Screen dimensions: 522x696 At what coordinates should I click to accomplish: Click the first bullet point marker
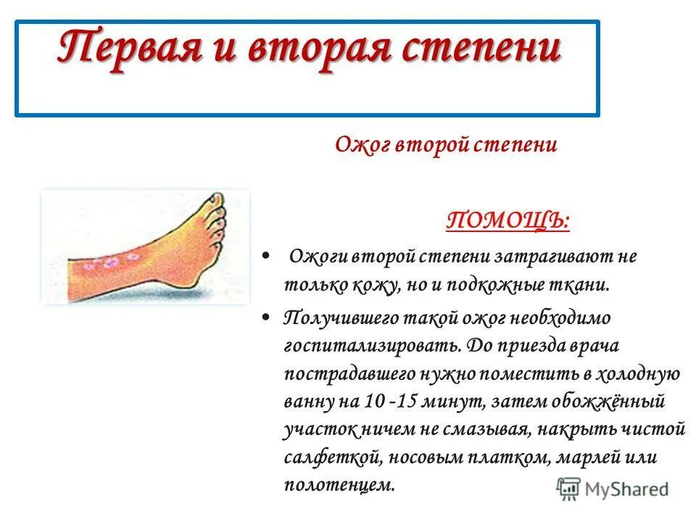(x=266, y=257)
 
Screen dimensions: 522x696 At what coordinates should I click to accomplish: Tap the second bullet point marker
(x=266, y=318)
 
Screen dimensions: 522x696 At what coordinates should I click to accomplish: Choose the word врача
(x=594, y=346)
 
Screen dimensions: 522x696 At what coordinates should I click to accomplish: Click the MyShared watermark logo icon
(x=569, y=488)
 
